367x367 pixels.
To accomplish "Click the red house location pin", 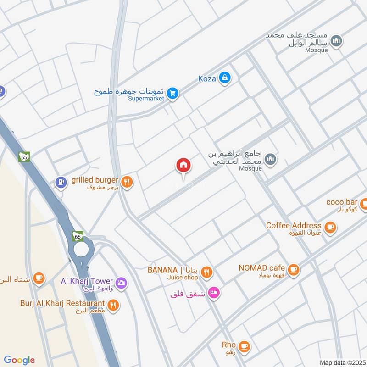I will tap(183, 166).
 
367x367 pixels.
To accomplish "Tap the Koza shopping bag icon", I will tap(224, 78).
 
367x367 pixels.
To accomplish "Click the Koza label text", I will tap(206, 78).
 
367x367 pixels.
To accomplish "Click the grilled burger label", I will tap(95, 180).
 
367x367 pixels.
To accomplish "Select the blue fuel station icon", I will tap(60, 182).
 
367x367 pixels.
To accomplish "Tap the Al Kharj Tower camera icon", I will tap(121, 281).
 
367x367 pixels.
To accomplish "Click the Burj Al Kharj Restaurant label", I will tap(62, 303).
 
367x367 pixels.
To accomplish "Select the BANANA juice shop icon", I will tap(207, 272).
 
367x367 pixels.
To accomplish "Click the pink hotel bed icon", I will tap(213, 292).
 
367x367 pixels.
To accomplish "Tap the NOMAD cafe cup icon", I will tap(294, 270).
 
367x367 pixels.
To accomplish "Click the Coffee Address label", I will tap(294, 225).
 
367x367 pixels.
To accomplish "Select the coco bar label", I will tap(341, 202).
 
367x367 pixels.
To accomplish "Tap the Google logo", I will tap(19, 360).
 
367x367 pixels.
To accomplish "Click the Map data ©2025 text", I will tap(342, 362).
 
